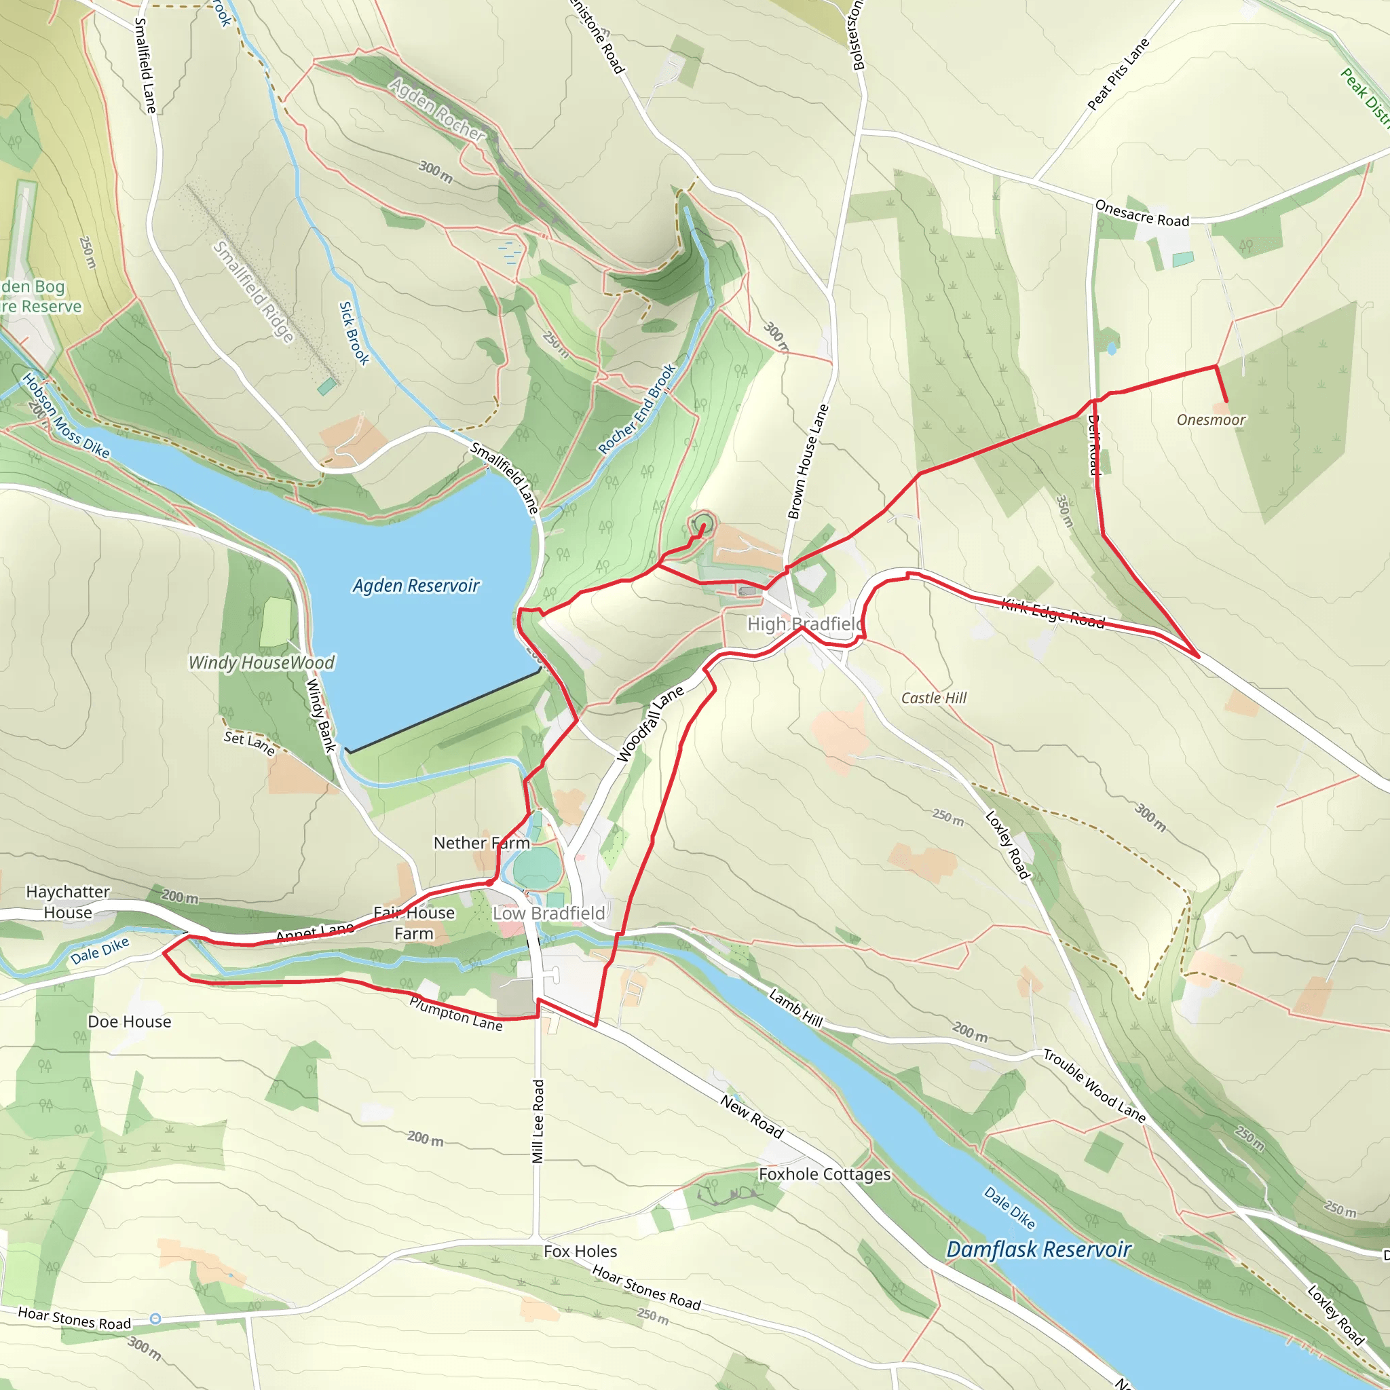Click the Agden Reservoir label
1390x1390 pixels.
[416, 586]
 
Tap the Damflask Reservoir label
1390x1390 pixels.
[1038, 1250]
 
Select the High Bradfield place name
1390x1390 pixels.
[804, 624]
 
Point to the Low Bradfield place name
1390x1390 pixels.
[549, 913]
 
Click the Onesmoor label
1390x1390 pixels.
[1211, 420]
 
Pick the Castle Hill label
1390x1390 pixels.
[934, 698]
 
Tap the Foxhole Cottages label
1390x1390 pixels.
[825, 1174]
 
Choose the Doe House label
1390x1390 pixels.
[130, 1021]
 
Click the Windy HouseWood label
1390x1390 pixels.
[262, 662]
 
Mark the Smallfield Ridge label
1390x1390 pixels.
[254, 291]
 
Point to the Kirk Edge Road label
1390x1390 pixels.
[1053, 614]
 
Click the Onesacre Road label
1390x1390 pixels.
[1142, 214]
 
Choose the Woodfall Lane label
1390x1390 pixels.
[650, 724]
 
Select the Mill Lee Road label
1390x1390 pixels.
[538, 1121]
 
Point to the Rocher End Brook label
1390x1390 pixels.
[637, 409]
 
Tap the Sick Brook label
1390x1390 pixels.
[354, 333]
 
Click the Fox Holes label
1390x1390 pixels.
[580, 1251]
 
